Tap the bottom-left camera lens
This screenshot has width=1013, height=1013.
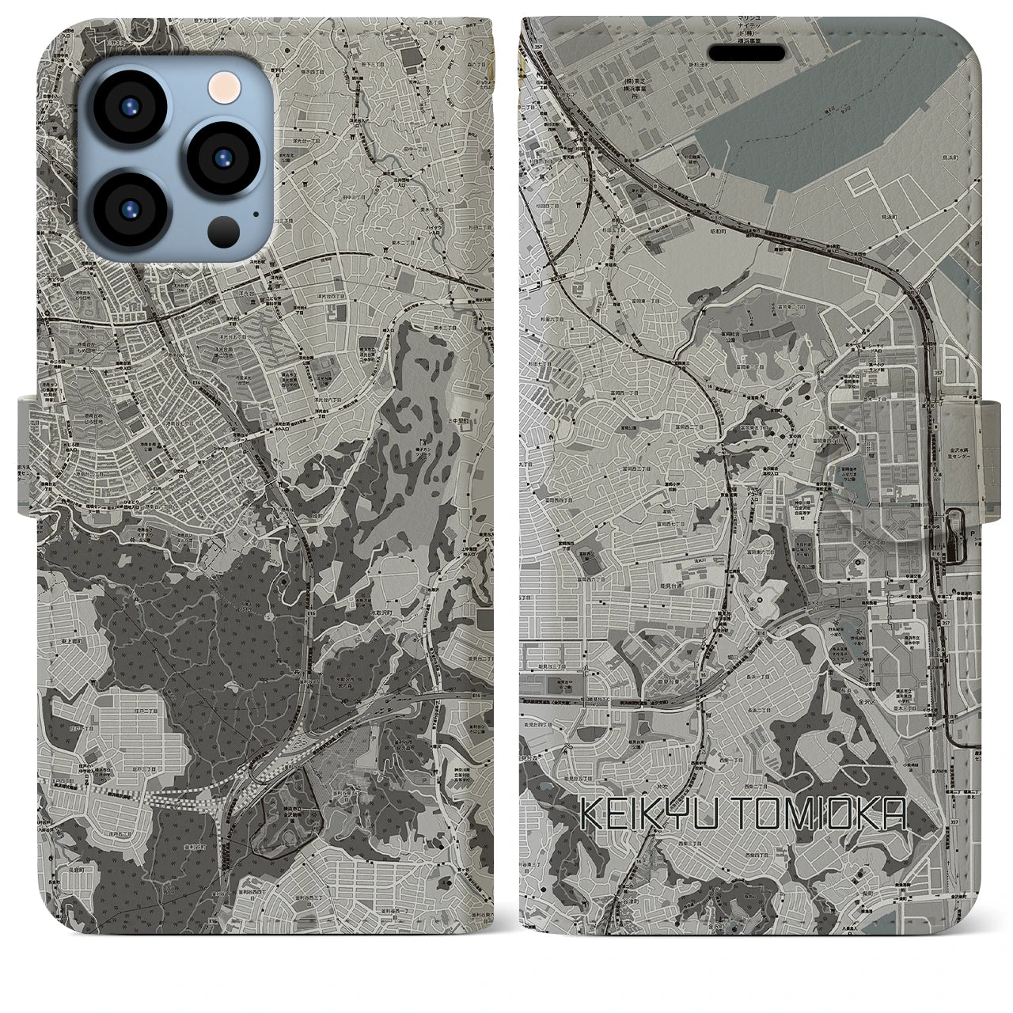coord(129,208)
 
